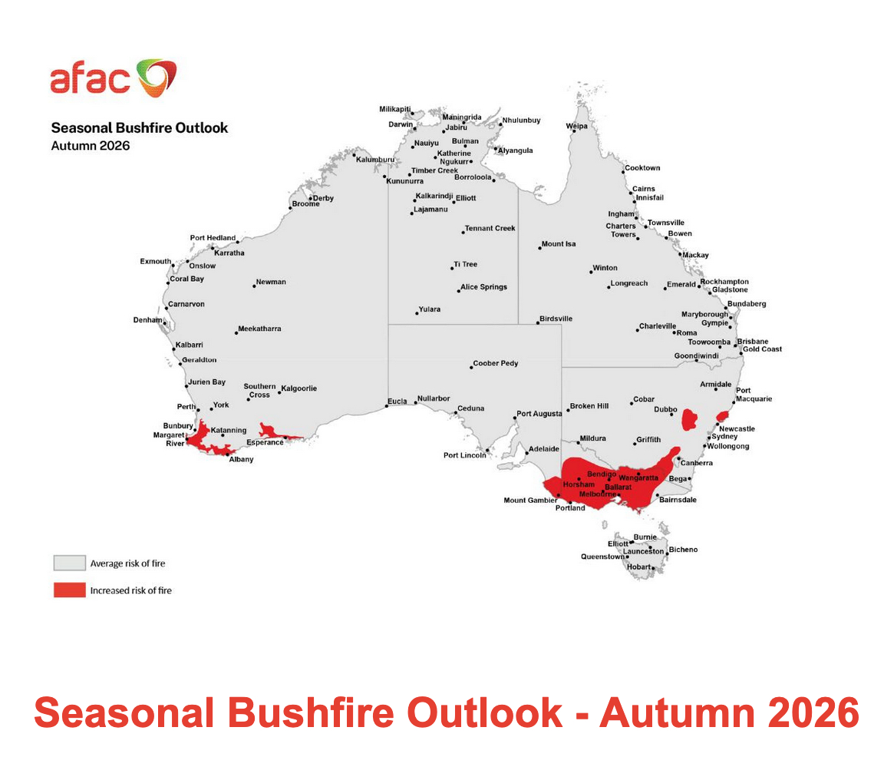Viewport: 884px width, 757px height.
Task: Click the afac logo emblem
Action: (x=157, y=78)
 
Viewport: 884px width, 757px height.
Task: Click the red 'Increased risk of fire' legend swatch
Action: (x=69, y=590)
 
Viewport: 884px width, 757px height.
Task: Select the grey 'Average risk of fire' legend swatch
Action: (x=69, y=563)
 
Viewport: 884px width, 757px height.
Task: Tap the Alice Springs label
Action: (x=483, y=287)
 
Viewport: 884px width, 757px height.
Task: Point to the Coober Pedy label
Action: (x=496, y=363)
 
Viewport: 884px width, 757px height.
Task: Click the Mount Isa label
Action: (x=559, y=244)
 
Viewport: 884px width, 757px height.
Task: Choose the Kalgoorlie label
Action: (x=299, y=388)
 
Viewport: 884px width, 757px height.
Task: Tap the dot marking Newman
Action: (x=254, y=286)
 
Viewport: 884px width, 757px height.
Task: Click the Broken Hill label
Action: (x=589, y=406)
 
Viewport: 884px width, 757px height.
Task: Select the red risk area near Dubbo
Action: (x=689, y=420)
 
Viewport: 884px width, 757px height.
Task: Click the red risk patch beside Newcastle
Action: (x=722, y=417)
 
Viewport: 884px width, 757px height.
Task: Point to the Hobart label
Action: (x=638, y=567)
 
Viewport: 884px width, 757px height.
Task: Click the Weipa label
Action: (x=577, y=127)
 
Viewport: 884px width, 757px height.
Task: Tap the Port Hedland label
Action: (x=213, y=238)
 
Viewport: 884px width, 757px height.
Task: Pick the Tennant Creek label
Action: (x=490, y=229)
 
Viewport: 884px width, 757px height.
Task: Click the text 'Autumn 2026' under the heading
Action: (x=91, y=146)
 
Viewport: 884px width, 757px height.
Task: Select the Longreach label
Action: (x=629, y=284)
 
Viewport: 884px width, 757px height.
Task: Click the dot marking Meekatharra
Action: (x=236, y=332)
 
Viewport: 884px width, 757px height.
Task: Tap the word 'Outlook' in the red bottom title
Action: (x=485, y=713)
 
